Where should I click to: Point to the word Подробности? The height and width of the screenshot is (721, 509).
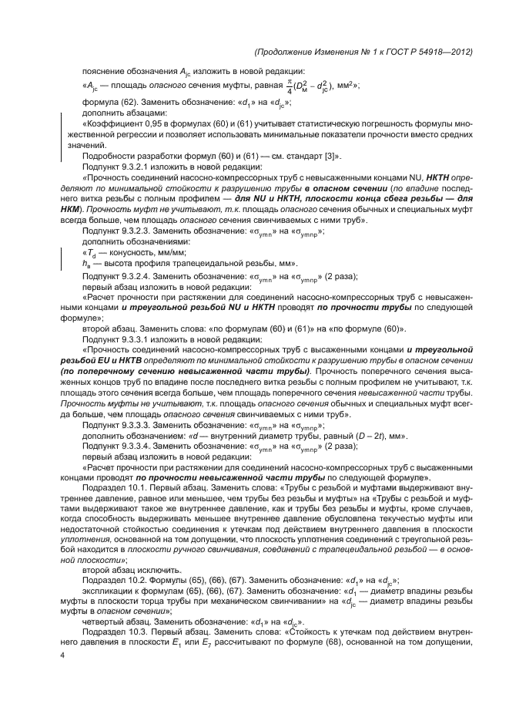109,155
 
